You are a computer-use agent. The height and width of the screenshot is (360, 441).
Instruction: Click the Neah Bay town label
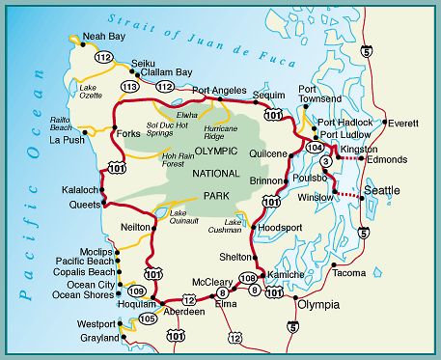(x=104, y=37)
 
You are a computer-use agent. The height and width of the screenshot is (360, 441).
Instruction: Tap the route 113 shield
(x=129, y=87)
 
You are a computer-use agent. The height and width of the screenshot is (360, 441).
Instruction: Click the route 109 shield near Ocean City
(x=137, y=291)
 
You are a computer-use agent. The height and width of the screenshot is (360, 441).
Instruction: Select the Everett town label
(x=404, y=123)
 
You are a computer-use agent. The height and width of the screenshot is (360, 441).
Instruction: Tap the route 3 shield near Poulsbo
(x=327, y=161)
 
